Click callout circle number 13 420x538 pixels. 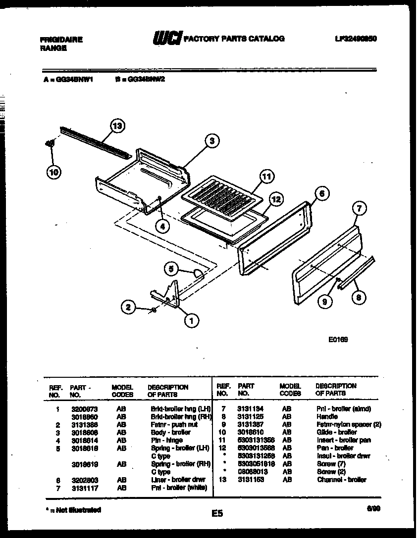click(x=117, y=127)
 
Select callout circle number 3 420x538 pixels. click(x=211, y=141)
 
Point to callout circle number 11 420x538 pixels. click(x=266, y=177)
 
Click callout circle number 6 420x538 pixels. click(x=321, y=194)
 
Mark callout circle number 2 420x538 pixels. click(x=128, y=308)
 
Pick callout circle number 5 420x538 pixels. click(x=171, y=269)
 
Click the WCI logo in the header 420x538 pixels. click(x=167, y=38)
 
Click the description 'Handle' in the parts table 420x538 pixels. click(x=327, y=417)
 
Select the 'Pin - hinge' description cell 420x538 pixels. click(x=166, y=440)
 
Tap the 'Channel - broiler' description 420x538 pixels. click(x=342, y=480)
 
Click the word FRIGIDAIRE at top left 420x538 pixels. click(x=61, y=40)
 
